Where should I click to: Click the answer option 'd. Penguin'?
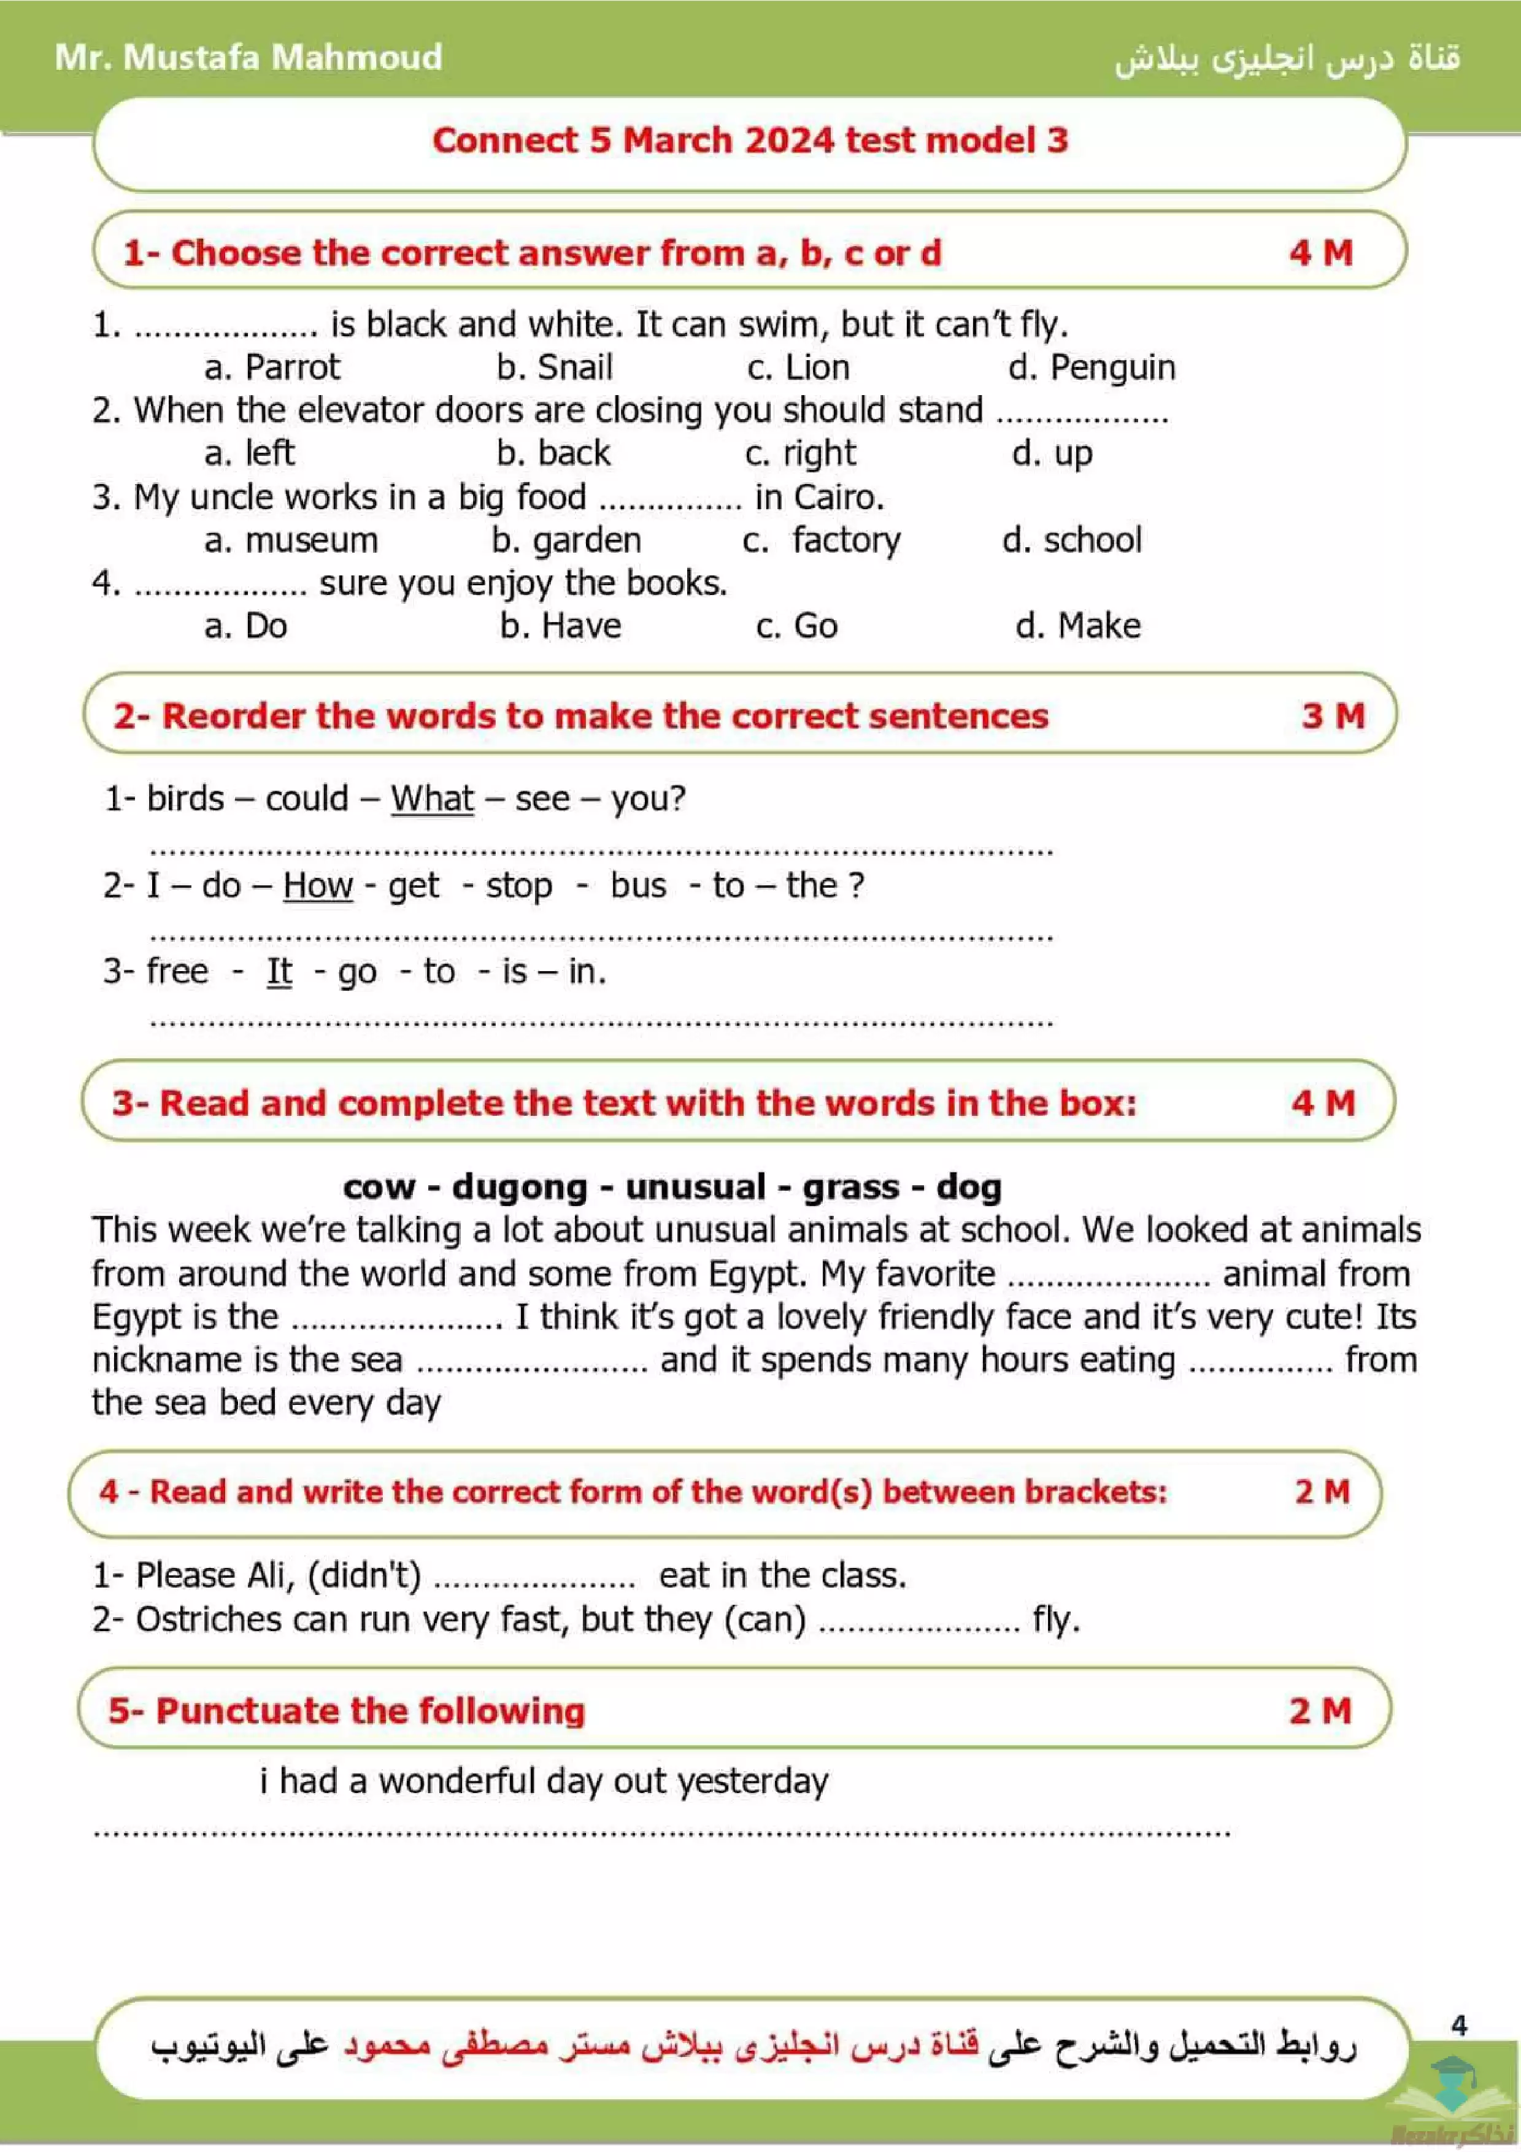coord(1091,367)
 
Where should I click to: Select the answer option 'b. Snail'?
coord(555,367)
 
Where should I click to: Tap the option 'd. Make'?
coord(1078,626)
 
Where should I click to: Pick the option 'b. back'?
coord(553,453)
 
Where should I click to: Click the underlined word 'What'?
coord(432,799)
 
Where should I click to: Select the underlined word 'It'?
coord(279,971)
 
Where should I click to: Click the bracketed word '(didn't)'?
coord(364,1575)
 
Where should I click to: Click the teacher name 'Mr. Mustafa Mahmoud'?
coord(248,57)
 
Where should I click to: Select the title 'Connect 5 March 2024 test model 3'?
coord(750,140)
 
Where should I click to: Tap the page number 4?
coord(1459,2026)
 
